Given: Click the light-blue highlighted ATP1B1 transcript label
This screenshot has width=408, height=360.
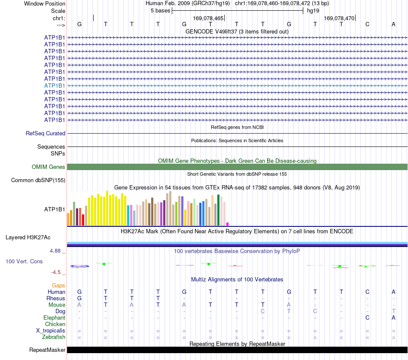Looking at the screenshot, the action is tap(55, 85).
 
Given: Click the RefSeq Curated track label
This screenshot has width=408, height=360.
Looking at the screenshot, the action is tap(45, 133).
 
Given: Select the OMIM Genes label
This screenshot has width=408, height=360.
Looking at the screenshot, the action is tap(48, 167).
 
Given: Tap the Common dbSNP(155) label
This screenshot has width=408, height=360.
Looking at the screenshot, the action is tap(38, 180).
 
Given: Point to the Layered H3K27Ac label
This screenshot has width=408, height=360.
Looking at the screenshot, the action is tap(28, 238).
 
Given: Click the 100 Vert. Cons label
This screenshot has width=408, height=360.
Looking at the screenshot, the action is tap(24, 261).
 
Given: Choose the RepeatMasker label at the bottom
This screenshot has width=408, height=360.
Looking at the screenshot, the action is tap(47, 350).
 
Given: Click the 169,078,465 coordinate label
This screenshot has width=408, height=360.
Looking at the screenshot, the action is tap(208, 18).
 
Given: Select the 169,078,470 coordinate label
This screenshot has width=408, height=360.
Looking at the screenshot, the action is tap(339, 18).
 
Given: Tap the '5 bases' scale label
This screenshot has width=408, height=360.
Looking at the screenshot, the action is tap(160, 11).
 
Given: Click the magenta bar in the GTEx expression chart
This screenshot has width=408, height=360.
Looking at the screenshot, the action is tap(228, 224).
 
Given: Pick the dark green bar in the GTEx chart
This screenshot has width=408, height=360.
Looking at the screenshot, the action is tap(218, 210).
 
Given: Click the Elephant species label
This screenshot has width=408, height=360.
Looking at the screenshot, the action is tap(54, 317).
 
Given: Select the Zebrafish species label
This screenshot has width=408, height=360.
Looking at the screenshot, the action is tap(54, 337).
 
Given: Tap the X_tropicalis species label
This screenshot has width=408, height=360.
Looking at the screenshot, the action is tap(51, 331).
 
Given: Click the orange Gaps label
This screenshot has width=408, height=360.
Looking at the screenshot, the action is tap(58, 286).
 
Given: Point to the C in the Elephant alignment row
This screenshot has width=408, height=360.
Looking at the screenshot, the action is tap(367, 317).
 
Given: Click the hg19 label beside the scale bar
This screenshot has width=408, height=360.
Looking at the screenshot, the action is tap(313, 11).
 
